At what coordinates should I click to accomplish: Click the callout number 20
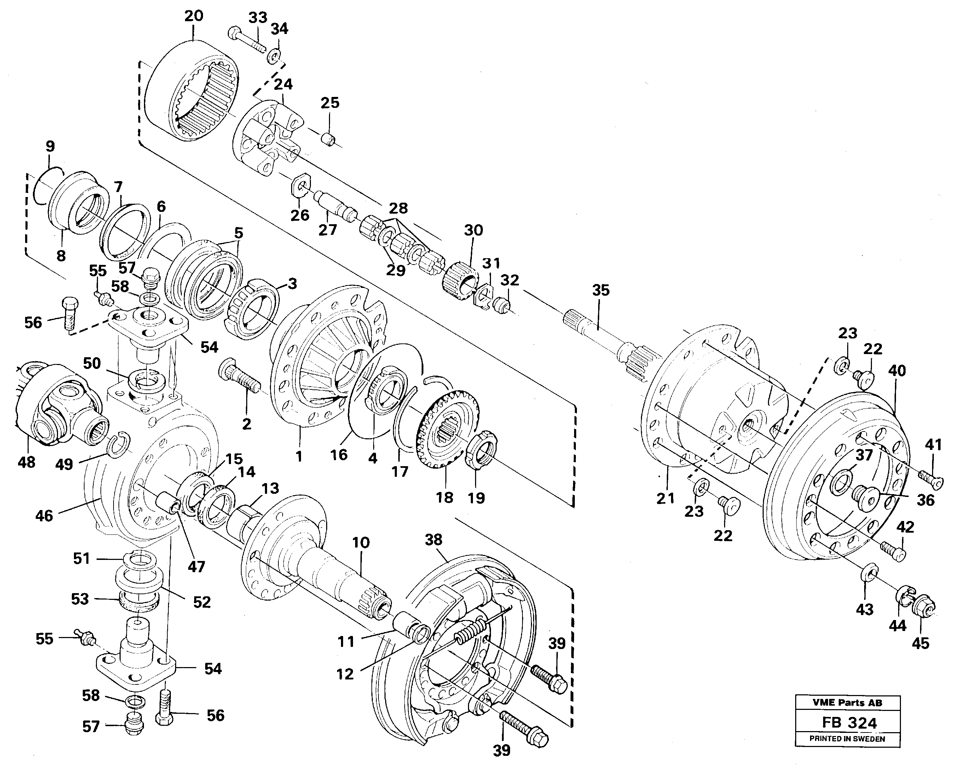[x=193, y=16]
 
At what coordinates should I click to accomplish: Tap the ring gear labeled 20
[x=192, y=91]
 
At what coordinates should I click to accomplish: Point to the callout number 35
[x=601, y=290]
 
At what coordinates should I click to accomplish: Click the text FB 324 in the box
[x=849, y=723]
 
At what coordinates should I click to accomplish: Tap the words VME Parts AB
[x=847, y=703]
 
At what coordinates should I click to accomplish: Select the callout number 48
[x=26, y=462]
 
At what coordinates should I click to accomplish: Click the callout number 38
[x=433, y=540]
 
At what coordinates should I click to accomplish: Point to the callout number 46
[x=44, y=515]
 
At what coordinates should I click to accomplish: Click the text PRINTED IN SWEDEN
[x=847, y=739]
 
